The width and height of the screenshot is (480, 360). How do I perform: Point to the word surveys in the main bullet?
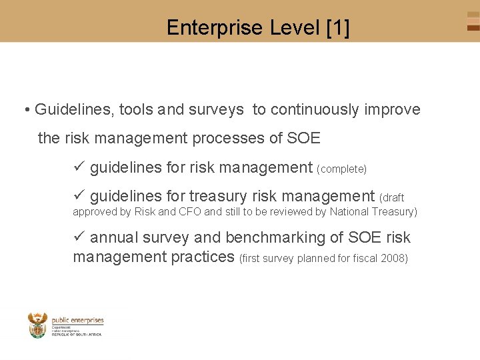click(x=217, y=109)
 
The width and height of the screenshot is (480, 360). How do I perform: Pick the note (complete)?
click(x=342, y=169)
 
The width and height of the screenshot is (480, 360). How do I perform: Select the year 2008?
click(x=393, y=258)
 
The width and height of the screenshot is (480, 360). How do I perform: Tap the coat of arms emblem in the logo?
click(x=38, y=325)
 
